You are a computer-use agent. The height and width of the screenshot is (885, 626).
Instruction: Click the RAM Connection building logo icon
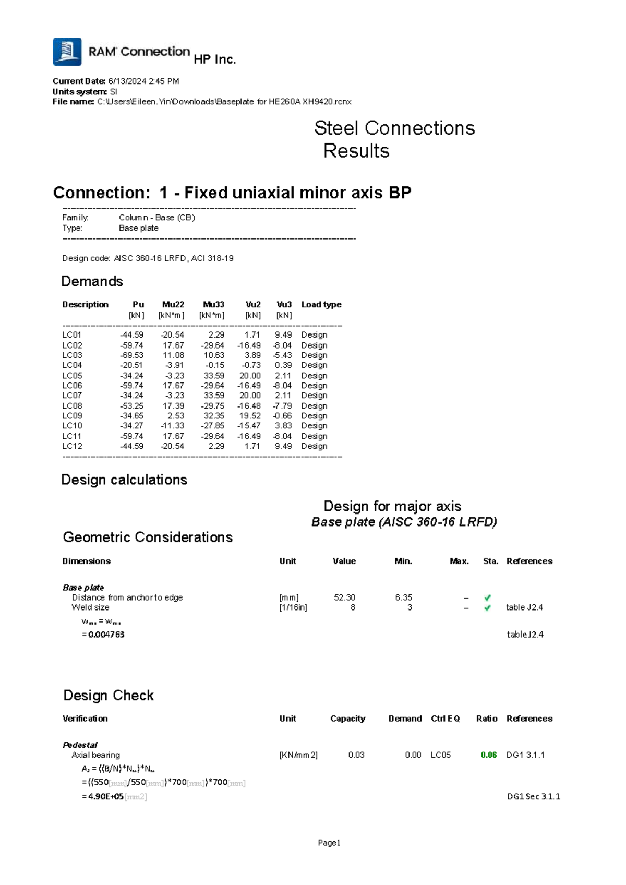click(x=67, y=52)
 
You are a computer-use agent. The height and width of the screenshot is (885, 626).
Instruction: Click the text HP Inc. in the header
click(x=214, y=59)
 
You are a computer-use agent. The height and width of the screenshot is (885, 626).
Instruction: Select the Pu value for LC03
click(x=131, y=355)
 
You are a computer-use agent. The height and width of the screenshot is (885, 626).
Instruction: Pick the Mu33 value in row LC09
click(x=214, y=416)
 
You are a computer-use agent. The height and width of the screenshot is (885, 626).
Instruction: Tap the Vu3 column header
click(x=284, y=305)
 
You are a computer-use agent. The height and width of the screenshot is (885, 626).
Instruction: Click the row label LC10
click(x=72, y=426)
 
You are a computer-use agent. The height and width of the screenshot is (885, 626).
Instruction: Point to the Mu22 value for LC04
click(x=174, y=365)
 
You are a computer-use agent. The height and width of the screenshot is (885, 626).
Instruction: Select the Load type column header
click(x=321, y=305)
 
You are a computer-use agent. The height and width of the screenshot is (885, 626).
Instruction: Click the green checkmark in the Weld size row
click(x=488, y=608)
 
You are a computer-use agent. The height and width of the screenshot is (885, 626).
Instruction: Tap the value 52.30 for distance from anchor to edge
click(x=344, y=597)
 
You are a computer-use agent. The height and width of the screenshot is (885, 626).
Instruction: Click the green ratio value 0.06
click(x=489, y=755)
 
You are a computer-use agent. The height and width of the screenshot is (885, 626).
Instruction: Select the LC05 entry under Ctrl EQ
click(x=441, y=755)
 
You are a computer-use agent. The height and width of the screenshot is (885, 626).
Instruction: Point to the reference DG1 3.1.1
click(x=525, y=755)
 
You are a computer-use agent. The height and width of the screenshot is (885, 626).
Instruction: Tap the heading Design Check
click(x=109, y=696)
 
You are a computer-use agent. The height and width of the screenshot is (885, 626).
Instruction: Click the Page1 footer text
click(x=329, y=843)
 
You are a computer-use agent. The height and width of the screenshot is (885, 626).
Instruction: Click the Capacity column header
click(x=347, y=719)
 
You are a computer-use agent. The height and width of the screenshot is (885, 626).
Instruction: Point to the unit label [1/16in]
click(x=293, y=608)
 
